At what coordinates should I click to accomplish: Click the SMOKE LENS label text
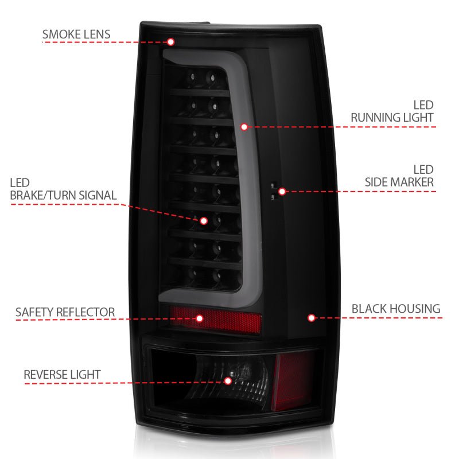pos(76,34)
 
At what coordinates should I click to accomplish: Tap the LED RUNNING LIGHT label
pos(392,112)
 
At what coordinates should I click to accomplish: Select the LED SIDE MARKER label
pos(399,176)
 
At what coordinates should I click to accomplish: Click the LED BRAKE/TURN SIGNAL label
pos(63,189)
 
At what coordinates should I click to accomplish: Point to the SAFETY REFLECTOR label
pos(65,313)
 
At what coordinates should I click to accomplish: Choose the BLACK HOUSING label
pos(396,309)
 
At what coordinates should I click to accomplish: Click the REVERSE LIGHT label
pos(62,375)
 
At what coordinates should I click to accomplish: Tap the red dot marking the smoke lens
pos(170,41)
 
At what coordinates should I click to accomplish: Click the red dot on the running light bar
pos(244,126)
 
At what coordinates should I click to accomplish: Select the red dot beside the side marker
pos(281,191)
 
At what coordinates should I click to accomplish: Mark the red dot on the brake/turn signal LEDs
pos(203,220)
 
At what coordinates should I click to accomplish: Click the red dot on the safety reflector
pos(200,318)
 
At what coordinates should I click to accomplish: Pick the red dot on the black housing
pos(312,317)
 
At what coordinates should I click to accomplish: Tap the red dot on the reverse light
pos(228,380)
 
